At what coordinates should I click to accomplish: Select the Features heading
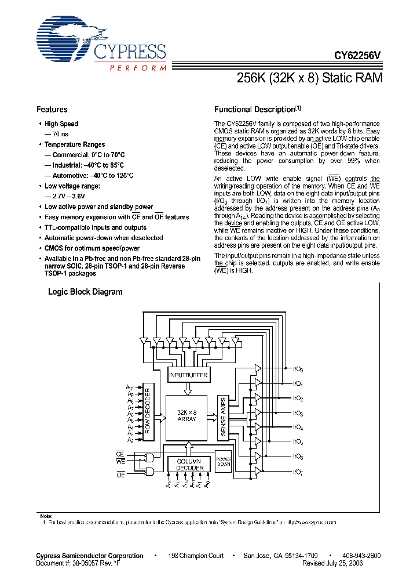coord(52,109)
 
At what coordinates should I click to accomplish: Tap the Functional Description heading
coord(255,109)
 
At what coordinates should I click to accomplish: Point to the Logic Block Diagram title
coord(85,292)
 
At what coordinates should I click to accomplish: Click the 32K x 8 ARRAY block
coord(186,415)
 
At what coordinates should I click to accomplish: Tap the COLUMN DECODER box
coord(190,465)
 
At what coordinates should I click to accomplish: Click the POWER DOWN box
coord(224,461)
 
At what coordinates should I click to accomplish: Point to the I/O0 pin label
coord(298,369)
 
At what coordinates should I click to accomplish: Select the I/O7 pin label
coord(298,473)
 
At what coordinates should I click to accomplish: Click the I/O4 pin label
coord(298,428)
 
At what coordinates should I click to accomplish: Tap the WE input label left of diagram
coord(121,462)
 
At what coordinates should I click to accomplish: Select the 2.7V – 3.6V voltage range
coord(61,196)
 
